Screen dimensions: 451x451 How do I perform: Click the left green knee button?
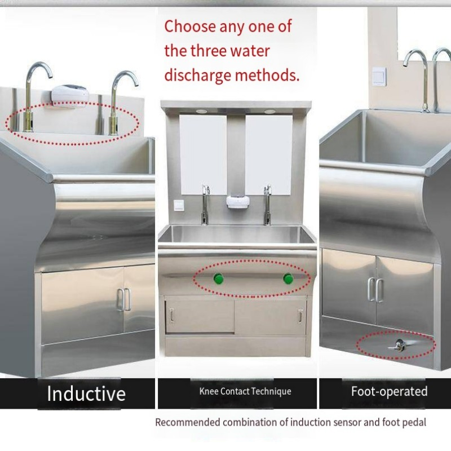point(217,278)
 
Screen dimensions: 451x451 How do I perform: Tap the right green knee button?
point(288,278)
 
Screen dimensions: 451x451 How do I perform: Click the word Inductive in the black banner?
point(86,393)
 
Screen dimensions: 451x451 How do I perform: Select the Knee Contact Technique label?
point(245,391)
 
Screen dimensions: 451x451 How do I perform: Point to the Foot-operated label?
point(389,391)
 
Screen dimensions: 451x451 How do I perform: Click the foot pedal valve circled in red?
point(400,344)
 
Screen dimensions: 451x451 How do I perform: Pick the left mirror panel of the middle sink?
point(203,152)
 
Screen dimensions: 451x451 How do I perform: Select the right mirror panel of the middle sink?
point(269,152)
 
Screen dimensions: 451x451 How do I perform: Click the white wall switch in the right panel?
point(379,76)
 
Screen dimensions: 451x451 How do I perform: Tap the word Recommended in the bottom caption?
point(187,422)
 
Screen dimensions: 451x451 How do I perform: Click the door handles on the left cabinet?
point(123,299)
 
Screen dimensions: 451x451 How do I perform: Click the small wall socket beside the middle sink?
point(178,205)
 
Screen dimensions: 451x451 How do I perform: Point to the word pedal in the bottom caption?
point(415,422)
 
